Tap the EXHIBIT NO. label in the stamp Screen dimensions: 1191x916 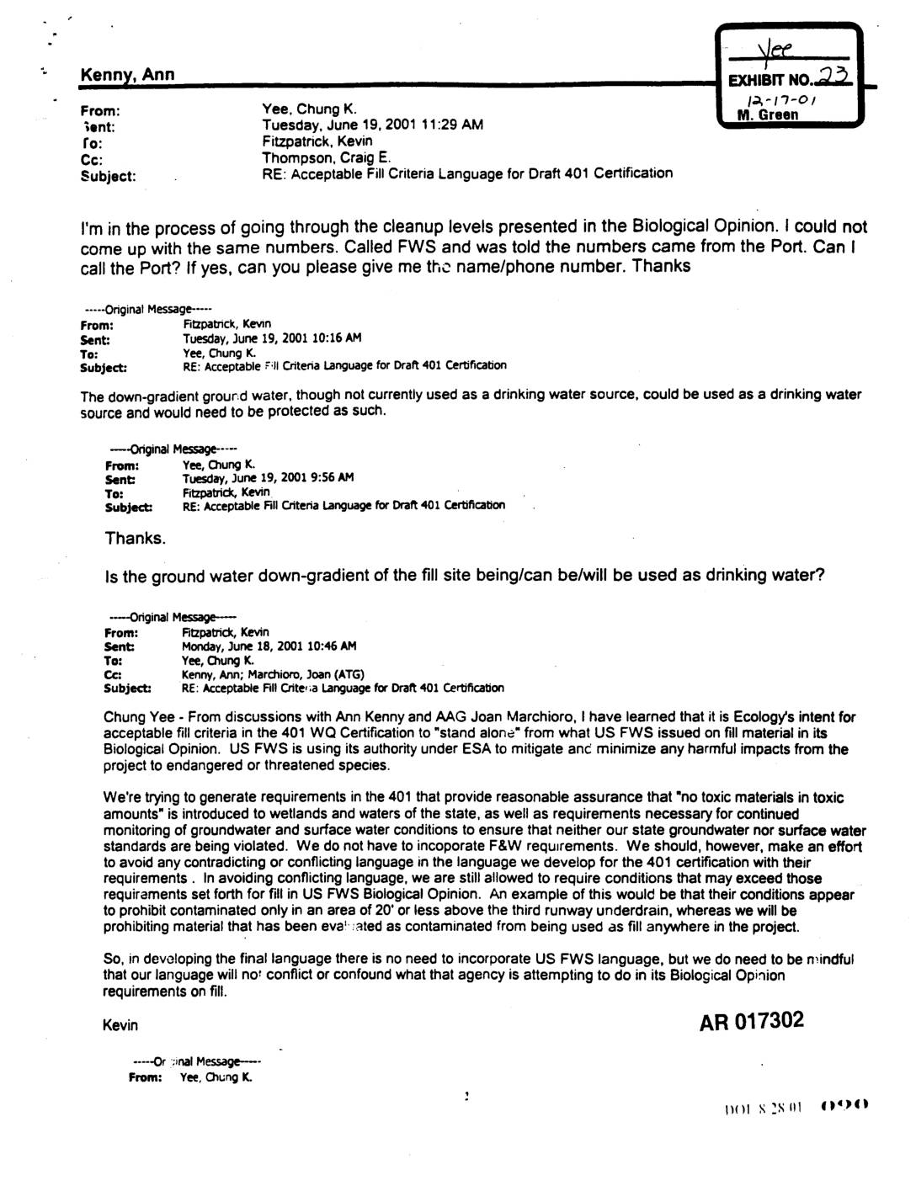coord(770,82)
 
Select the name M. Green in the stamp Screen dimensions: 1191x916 coord(767,114)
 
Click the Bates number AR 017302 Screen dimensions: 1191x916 coord(752,1021)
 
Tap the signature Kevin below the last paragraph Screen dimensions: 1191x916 coord(120,1025)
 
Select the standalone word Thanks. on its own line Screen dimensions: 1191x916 coord(136,538)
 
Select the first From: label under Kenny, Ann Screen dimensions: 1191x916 coord(99,110)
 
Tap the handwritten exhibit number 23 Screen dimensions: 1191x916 coord(833,78)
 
